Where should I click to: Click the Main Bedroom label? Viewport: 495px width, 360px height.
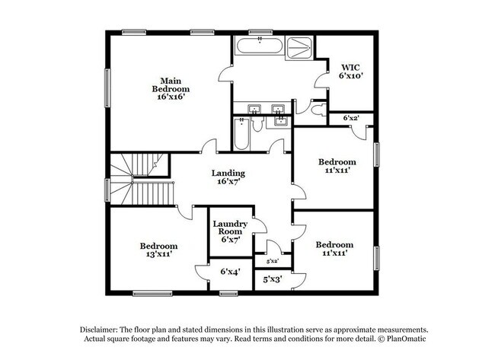[x=171, y=88]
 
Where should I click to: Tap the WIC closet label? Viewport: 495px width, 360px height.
[x=350, y=72]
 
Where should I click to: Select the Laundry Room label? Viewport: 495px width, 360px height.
[x=230, y=231]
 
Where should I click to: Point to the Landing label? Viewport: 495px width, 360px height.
[x=228, y=177]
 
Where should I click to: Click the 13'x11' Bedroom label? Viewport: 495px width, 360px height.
[x=159, y=250]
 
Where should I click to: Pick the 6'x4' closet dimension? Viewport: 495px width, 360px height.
[x=230, y=272]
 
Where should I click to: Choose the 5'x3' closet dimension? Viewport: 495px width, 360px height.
[x=272, y=279]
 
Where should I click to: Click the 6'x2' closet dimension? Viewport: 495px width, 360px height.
[x=351, y=118]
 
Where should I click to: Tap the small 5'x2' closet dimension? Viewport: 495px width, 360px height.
[x=273, y=261]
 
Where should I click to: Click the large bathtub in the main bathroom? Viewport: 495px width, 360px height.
[x=260, y=46]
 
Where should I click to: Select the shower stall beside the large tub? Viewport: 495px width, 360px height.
[x=299, y=48]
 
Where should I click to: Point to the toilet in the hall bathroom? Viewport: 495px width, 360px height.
[x=258, y=124]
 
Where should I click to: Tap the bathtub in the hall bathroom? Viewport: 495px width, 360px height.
[x=242, y=134]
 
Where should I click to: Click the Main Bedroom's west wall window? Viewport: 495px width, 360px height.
[x=107, y=88]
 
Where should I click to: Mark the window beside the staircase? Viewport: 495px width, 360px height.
[x=107, y=190]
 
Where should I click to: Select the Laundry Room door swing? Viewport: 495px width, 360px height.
[x=260, y=225]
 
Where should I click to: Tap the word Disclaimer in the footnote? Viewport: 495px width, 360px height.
[x=99, y=330]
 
